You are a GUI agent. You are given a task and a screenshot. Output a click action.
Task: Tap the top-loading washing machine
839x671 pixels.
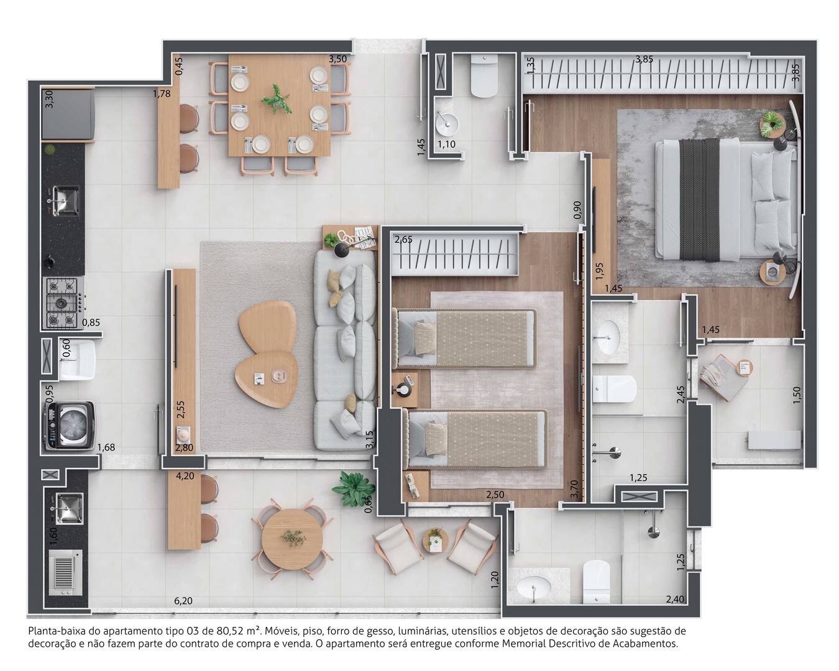coord(70,426)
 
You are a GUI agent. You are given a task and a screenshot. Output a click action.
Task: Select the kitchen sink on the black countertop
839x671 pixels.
coord(65,200)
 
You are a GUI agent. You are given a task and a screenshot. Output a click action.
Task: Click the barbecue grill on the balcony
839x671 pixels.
coord(65,573)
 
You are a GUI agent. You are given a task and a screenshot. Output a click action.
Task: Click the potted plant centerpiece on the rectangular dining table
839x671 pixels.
coord(277,99)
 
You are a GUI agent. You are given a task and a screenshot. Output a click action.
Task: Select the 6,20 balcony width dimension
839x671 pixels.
coord(183,601)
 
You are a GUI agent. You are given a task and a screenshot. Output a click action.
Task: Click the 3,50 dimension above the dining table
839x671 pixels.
coord(337,59)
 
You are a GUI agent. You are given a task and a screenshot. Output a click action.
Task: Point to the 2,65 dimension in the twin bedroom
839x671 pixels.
coord(403,239)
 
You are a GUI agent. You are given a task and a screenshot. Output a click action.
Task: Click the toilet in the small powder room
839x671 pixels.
coord(484,75)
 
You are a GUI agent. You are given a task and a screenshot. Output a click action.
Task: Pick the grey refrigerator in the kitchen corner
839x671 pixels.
coord(68,114)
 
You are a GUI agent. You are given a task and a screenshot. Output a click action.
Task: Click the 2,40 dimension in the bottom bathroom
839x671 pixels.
coord(675,600)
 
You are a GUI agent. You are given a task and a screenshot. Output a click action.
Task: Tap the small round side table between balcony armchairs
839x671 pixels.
coord(435,541)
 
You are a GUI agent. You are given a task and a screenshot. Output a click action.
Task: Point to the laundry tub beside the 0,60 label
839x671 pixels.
coord(77,360)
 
